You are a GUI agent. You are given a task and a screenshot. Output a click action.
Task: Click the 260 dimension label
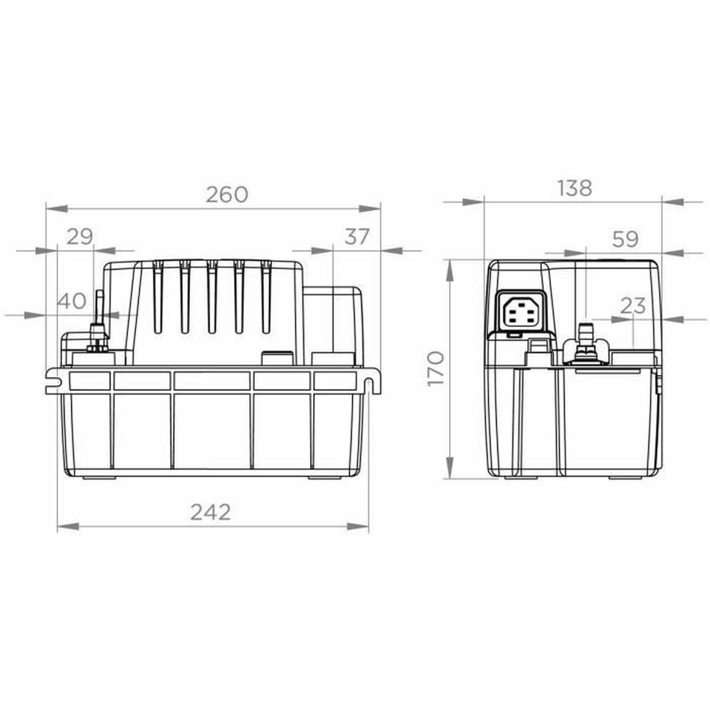227,195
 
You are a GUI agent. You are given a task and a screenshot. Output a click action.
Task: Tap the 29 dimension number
79,237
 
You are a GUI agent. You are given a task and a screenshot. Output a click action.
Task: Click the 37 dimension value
357,237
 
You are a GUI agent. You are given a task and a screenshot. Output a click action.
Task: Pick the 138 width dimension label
575,188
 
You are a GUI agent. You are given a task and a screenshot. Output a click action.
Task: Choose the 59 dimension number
625,239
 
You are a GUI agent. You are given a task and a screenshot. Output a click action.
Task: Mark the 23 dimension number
633,306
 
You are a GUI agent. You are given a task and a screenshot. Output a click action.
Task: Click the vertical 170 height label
435,369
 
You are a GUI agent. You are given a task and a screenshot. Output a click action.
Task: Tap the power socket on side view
520,311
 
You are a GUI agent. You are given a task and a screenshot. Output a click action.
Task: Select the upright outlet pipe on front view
99,311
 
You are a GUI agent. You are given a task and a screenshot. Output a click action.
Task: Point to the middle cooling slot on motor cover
211,296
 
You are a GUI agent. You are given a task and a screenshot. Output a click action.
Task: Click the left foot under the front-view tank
98,477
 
